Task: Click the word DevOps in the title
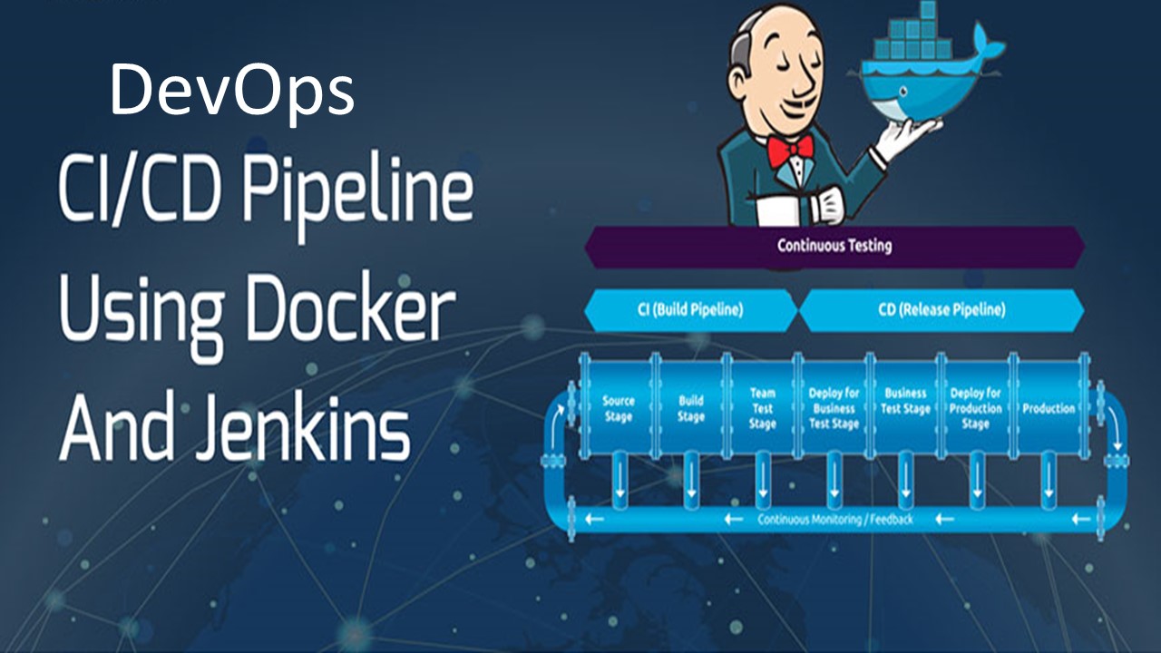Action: (x=231, y=91)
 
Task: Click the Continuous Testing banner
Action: (x=834, y=246)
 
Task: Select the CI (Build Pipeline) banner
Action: (x=690, y=310)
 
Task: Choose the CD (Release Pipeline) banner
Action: (x=941, y=310)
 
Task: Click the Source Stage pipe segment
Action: (x=619, y=409)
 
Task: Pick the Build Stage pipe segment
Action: (x=690, y=409)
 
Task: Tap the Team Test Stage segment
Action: (x=762, y=408)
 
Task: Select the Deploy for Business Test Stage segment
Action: (x=834, y=409)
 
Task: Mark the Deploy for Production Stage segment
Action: (x=975, y=409)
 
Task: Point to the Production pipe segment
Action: (x=1049, y=408)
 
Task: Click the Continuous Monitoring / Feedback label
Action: (x=834, y=520)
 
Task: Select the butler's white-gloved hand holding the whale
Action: (x=893, y=136)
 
